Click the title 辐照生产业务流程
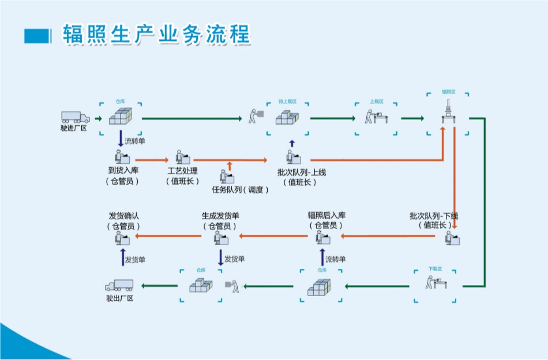point(156,35)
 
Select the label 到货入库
point(123,171)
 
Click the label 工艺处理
point(182,171)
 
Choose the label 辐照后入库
point(326,216)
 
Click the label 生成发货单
point(220,216)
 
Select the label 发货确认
point(123,216)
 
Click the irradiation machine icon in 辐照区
point(448,112)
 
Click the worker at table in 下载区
point(436,283)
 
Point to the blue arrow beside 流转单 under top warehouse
point(121,139)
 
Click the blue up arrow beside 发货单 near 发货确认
point(122,258)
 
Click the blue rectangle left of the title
point(37,35)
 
